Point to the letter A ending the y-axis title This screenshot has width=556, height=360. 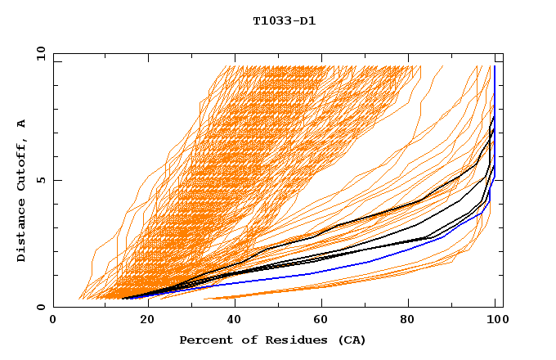coord(22,123)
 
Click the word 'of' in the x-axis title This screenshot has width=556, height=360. coord(244,340)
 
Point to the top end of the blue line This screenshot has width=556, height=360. coord(495,67)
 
